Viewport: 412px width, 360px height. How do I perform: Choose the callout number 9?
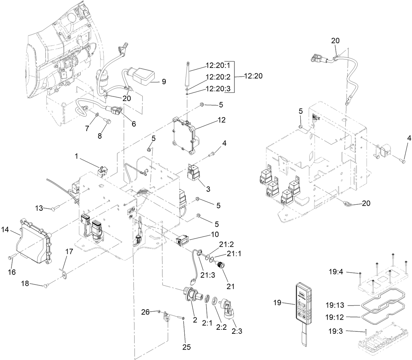click(x=164, y=82)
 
